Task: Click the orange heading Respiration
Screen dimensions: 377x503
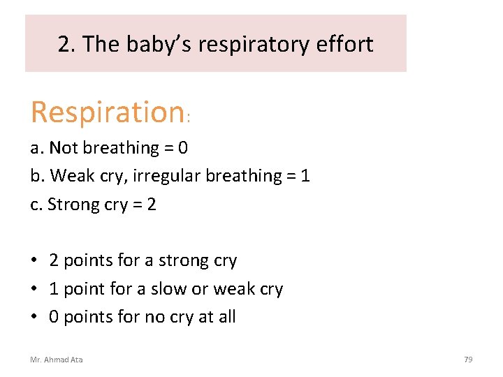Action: point(107,112)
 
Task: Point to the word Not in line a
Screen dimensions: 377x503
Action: point(64,148)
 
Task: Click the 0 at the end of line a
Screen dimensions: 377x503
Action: point(183,148)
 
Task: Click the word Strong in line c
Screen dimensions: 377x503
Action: point(68,205)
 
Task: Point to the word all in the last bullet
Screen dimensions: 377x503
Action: point(226,317)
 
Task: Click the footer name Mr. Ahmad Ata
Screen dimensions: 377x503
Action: point(57,360)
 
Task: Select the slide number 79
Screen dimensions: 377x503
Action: point(468,360)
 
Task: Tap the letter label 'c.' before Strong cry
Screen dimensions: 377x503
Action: point(36,205)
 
